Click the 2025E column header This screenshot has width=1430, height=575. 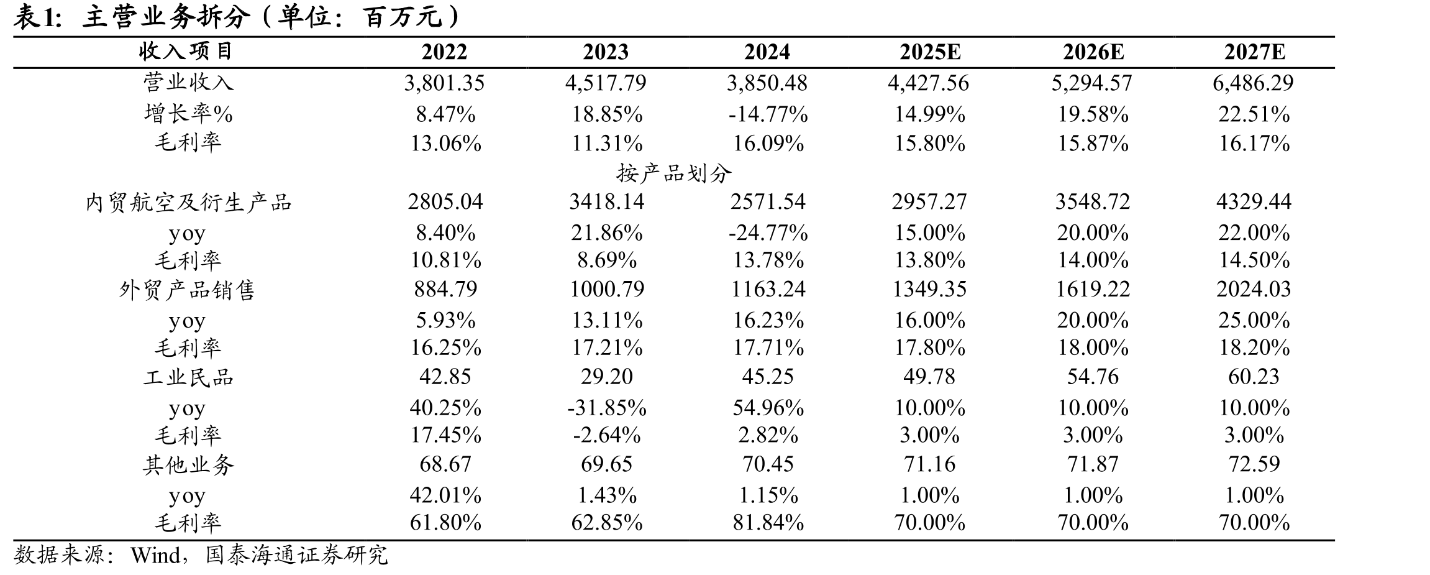click(x=930, y=52)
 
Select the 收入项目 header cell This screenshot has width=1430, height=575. click(x=186, y=52)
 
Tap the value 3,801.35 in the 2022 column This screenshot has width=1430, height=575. click(x=444, y=83)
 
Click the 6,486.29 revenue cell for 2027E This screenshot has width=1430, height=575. click(x=1253, y=83)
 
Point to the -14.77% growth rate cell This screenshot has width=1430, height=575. click(x=768, y=114)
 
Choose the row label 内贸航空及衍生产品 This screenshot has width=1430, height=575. click(x=188, y=203)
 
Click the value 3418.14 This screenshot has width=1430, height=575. click(x=606, y=201)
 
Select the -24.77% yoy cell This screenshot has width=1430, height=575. click(x=768, y=233)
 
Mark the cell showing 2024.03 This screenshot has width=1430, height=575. click(x=1254, y=289)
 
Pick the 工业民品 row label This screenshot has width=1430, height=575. click(x=188, y=377)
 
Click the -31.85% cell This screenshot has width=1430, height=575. click(x=606, y=408)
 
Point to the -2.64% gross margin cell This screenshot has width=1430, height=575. click(x=606, y=435)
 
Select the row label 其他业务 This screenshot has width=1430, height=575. click(x=188, y=465)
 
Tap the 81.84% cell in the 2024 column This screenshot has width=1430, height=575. click(x=768, y=522)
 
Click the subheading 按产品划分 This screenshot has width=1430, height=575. click(x=673, y=173)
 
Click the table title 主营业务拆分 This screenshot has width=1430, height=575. click(x=166, y=17)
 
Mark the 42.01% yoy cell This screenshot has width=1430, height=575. click(x=445, y=495)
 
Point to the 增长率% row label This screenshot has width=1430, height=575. click(x=188, y=114)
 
